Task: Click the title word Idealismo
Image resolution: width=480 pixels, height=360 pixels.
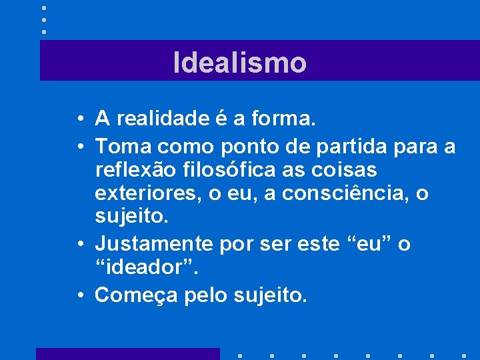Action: pos(240,63)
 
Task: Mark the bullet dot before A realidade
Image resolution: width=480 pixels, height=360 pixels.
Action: pos(79,120)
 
